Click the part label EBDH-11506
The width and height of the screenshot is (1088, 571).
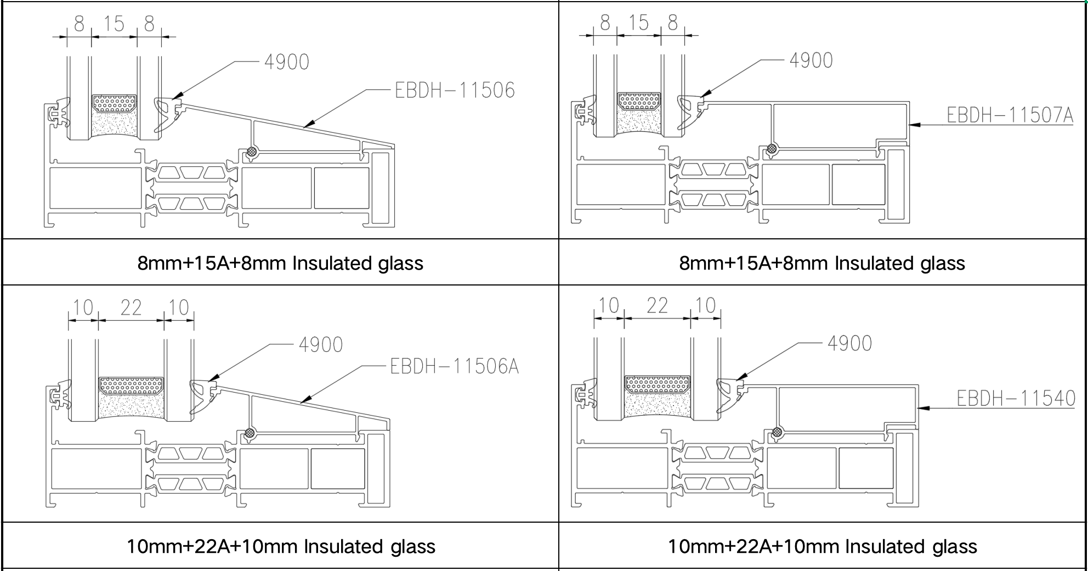point(455,91)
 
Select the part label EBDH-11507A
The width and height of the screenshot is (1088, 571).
point(1010,115)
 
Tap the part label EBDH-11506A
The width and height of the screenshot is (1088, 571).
point(454,367)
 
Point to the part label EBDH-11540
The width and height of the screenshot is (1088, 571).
point(1016,399)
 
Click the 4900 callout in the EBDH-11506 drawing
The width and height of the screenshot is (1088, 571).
point(286,62)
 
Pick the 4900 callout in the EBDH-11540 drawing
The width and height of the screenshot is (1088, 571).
point(849,344)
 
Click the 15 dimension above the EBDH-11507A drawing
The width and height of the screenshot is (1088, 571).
point(638,23)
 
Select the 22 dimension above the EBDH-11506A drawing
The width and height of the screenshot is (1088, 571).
point(131,308)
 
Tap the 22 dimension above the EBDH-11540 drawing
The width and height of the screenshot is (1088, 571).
point(657,306)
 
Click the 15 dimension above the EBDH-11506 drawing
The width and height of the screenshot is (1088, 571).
point(114,24)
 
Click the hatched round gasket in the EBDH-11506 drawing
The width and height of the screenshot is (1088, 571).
point(252,152)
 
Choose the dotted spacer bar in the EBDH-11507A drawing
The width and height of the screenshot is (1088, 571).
point(639,101)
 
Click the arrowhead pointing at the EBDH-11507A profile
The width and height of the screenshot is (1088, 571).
point(913,125)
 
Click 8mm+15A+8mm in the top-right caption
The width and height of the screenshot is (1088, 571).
point(753,264)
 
